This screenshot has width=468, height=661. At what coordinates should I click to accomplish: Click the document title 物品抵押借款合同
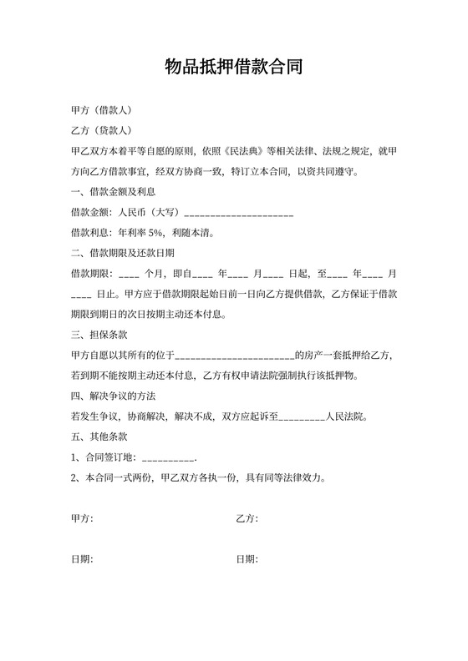233,68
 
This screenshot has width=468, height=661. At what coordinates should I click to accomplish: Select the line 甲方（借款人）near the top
100,110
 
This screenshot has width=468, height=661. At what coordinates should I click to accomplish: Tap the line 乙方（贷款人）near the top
100,130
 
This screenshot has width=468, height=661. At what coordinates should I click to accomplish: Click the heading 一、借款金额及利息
113,192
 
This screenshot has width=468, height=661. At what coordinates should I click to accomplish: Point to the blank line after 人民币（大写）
238,214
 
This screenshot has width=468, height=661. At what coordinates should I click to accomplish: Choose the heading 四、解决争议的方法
113,396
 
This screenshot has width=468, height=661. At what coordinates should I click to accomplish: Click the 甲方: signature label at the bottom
82,519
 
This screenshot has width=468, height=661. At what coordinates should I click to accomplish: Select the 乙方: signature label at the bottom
247,519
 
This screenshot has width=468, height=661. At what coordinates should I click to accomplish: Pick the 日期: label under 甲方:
82,559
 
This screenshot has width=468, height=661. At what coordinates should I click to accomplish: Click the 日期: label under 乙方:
247,559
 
